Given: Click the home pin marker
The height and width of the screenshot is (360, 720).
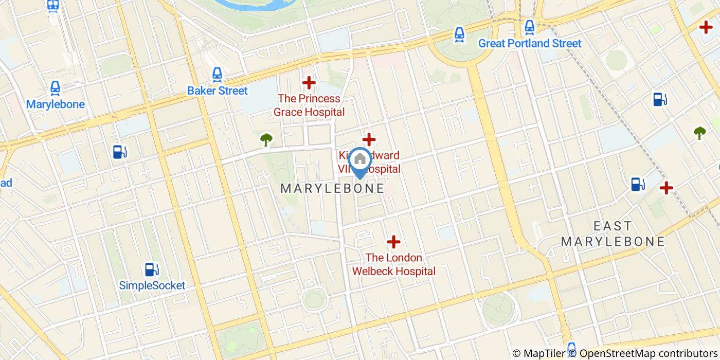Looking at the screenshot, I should (360, 161).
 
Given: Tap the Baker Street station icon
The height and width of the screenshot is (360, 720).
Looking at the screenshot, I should (217, 76).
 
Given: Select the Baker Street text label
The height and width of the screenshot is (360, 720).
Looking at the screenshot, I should (217, 91).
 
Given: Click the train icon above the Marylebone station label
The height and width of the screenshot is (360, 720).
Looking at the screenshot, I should (55, 88).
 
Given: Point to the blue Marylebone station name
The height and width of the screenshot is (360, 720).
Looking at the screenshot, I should (55, 104).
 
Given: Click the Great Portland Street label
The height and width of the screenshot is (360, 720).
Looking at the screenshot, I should (530, 43).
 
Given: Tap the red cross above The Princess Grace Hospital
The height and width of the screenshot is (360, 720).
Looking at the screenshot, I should (309, 82).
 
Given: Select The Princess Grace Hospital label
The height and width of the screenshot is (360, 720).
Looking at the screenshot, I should (309, 105).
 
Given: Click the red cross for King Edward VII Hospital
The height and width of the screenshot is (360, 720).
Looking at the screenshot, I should (369, 139).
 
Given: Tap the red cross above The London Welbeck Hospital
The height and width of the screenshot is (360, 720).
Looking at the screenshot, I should (393, 241).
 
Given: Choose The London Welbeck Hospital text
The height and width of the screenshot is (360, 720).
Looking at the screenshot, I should (393, 264).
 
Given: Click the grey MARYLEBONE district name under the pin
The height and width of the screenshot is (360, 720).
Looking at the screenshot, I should (332, 188).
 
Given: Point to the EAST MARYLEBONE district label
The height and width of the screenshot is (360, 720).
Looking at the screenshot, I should (613, 233).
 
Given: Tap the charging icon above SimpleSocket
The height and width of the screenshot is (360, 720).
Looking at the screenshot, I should (151, 269).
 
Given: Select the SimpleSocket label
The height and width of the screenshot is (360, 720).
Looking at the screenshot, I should (152, 285).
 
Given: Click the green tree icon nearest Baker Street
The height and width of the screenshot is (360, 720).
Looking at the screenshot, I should (266, 138).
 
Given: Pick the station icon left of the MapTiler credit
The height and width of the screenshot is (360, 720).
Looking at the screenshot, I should (571, 348).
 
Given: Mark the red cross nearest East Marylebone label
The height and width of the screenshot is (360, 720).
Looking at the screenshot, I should (666, 188).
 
